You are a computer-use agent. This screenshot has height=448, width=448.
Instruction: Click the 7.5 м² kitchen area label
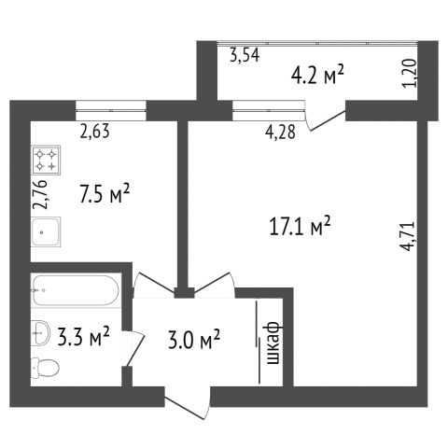tap(105, 193)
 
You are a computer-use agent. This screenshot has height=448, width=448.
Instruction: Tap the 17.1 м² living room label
tap(300, 226)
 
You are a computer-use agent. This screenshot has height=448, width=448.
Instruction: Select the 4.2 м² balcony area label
tap(317, 75)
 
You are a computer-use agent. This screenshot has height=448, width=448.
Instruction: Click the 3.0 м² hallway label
tap(194, 339)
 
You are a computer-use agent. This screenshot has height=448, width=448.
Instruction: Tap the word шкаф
tap(274, 343)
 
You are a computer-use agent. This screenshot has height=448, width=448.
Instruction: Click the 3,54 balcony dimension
tap(245, 56)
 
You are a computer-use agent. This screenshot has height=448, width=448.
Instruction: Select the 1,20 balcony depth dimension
tap(410, 74)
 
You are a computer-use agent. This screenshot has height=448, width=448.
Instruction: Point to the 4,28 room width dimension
tap(280, 132)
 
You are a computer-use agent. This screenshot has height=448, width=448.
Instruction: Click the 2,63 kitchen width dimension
tap(95, 131)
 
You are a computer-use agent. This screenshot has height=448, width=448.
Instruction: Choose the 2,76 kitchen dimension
tap(41, 194)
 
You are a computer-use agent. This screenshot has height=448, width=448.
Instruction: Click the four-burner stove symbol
tap(46, 161)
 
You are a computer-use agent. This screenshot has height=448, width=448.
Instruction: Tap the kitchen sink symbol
tap(46, 232)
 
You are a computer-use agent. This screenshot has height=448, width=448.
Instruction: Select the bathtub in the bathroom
tap(76, 290)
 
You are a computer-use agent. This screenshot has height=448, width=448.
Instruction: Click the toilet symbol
tap(45, 368)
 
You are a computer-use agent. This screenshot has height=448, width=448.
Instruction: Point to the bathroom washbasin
tap(40, 333)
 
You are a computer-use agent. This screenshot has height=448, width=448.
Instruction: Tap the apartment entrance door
tap(188, 403)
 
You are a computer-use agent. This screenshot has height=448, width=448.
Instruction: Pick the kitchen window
tap(111, 110)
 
